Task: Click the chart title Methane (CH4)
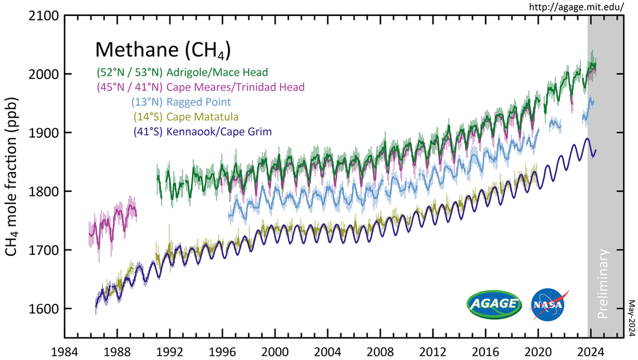(162, 50)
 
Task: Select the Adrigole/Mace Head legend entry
(182, 73)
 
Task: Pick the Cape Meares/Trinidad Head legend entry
(200, 87)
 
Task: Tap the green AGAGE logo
(494, 304)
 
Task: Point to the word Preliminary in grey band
(603, 284)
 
